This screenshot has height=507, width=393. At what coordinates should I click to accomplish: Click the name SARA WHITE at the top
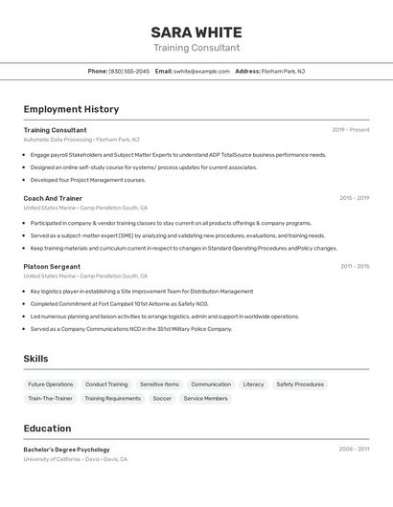pos(196,32)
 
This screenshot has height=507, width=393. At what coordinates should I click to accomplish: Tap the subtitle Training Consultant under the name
pos(196,48)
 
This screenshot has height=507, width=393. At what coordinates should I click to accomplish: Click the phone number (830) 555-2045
pos(129,71)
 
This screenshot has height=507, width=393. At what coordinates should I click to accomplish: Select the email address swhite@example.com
pos(201,71)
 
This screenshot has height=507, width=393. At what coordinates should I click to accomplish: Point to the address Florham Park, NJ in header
pos(284,71)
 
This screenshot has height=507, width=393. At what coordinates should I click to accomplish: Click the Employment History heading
pos(71,109)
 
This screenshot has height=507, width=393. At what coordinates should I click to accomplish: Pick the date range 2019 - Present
pos(351,130)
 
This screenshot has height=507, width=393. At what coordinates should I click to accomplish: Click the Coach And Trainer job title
pos(53,198)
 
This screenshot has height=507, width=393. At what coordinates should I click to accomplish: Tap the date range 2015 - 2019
pos(354,198)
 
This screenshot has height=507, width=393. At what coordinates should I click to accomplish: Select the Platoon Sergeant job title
pos(52,267)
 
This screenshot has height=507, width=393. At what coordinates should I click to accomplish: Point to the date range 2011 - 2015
pos(355,267)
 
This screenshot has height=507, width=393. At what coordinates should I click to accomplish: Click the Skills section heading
pos(35,359)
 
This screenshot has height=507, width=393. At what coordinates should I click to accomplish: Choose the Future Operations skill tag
pos(51,385)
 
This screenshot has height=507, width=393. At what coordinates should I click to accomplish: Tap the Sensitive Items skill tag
pos(159,385)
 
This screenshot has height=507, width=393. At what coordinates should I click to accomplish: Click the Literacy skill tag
pos(253,385)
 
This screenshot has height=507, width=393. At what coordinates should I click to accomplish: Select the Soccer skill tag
pos(162,398)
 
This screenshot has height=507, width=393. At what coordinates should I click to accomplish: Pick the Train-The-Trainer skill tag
pos(50,398)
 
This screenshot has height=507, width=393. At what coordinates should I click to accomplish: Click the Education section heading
pos(47,429)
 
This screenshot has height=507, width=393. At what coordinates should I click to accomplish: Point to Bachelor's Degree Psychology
pos(66,450)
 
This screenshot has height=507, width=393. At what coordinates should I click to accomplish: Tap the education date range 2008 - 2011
pos(354,449)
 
